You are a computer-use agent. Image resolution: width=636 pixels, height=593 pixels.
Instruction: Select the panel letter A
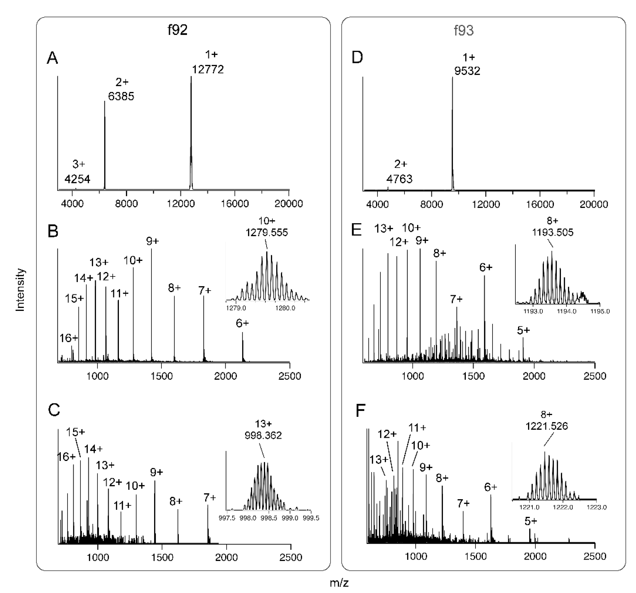coord(52,58)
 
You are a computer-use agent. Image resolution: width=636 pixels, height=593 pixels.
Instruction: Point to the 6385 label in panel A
coord(121,96)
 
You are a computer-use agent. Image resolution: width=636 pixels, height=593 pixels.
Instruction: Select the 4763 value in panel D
coord(399,179)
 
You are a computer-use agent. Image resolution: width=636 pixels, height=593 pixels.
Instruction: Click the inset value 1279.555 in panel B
coord(266,232)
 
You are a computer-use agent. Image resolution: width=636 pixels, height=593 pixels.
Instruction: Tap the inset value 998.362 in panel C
coord(263,435)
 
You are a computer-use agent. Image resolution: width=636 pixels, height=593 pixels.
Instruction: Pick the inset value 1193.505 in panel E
coord(553,232)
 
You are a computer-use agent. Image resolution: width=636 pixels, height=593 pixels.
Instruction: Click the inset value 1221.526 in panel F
coord(547,426)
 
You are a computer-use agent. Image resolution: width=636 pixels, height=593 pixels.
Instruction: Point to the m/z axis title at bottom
coord(339,583)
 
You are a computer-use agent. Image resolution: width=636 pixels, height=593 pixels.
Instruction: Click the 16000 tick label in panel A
coord(235,204)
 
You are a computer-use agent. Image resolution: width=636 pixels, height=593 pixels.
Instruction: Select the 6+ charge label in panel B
coord(242,323)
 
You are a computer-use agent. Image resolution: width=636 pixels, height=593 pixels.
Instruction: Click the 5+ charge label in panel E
coord(523,330)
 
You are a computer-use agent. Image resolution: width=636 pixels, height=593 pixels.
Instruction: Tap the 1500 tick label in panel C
coord(162,558)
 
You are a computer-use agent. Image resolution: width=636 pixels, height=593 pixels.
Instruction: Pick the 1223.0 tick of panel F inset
coord(597,507)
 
